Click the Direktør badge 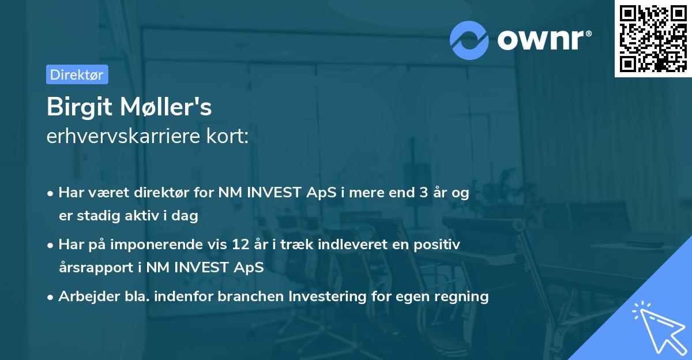(77, 74)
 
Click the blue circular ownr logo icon (469, 40)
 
